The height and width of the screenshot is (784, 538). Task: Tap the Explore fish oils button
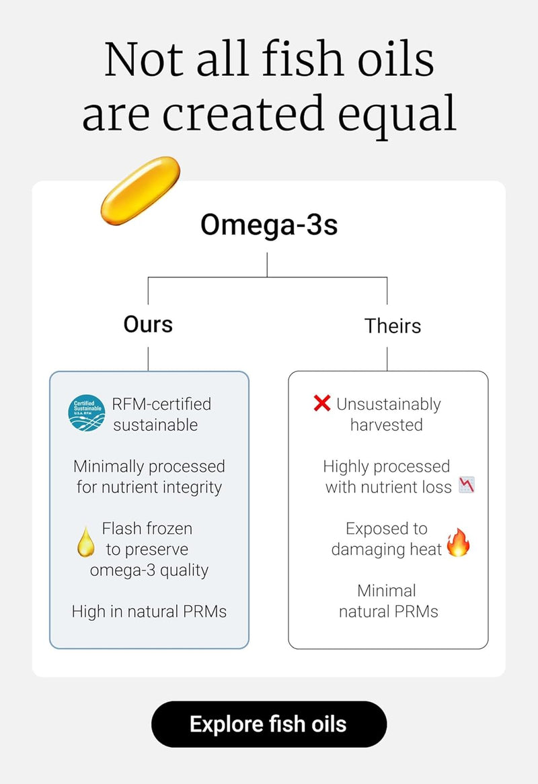pyautogui.click(x=268, y=724)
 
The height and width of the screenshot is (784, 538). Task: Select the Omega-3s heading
pyautogui.click(x=268, y=225)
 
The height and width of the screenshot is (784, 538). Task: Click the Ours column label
pyautogui.click(x=148, y=324)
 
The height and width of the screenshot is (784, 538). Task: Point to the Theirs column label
pyautogui.click(x=393, y=326)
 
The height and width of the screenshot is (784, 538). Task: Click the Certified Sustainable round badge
pyautogui.click(x=87, y=413)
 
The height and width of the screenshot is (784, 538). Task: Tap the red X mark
pyautogui.click(x=322, y=403)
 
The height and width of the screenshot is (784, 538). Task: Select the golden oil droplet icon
pyautogui.click(x=85, y=541)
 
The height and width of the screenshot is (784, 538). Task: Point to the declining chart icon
pyautogui.click(x=467, y=486)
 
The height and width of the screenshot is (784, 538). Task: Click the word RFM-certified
pyautogui.click(x=162, y=404)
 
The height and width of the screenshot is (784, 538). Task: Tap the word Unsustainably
pyautogui.click(x=389, y=404)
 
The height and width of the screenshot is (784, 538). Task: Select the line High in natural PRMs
pyautogui.click(x=149, y=611)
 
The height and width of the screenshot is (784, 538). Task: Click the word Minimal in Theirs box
pyautogui.click(x=387, y=591)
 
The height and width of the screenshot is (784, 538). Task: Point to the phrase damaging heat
pyautogui.click(x=387, y=549)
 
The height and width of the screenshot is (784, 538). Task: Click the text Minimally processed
pyautogui.click(x=149, y=466)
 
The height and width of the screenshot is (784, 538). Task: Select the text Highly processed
pyautogui.click(x=387, y=466)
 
